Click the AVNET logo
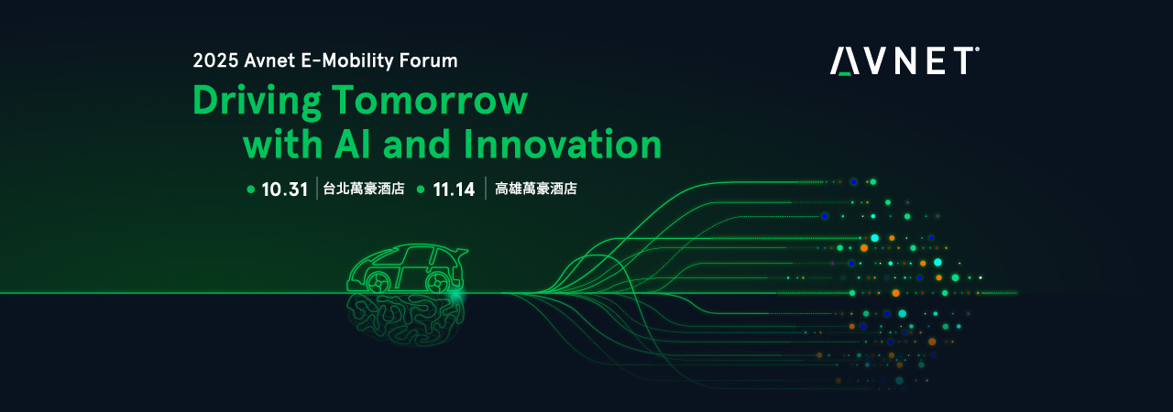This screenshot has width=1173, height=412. tap(904, 60)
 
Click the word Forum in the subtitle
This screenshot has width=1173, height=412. tap(428, 60)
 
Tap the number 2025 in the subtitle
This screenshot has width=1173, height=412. tap(215, 60)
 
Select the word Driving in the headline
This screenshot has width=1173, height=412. tap(258, 102)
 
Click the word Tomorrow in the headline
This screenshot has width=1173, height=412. tap(430, 100)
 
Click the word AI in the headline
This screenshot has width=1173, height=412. tap(354, 144)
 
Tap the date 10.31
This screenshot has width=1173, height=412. tap(284, 190)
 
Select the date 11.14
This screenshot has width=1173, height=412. tap(454, 190)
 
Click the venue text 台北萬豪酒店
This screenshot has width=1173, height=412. tap(364, 189)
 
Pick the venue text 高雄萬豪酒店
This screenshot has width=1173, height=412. tap(536, 189)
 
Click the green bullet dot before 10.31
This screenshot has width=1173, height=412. tap(251, 190)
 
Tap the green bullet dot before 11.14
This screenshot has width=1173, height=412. tap(421, 190)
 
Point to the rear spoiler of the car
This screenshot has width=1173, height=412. tap(461, 253)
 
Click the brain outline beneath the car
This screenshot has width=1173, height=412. tap(406, 319)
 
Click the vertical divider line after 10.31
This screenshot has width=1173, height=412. tap(317, 189)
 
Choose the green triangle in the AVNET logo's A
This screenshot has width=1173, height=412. tap(844, 73)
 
